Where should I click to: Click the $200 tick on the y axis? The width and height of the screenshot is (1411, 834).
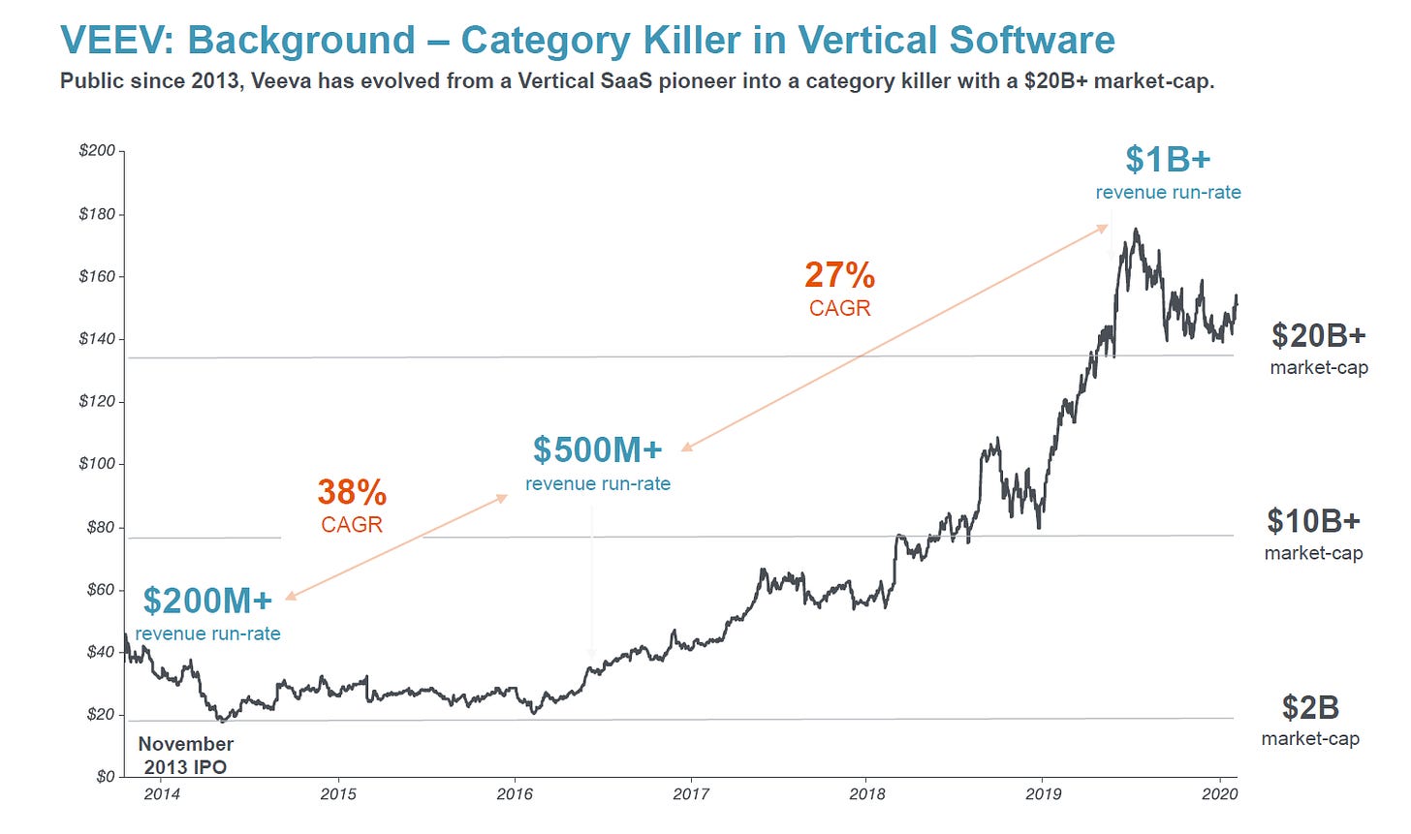tap(97, 151)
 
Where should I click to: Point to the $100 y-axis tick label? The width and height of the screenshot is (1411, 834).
tap(97, 464)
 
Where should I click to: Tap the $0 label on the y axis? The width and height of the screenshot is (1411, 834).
tap(105, 777)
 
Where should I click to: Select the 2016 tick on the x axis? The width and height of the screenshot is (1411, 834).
tap(515, 794)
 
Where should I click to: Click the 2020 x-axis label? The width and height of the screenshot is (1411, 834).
tap(1220, 794)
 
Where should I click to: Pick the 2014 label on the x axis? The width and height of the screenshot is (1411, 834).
tap(162, 794)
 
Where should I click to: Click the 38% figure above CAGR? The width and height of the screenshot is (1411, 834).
tap(352, 492)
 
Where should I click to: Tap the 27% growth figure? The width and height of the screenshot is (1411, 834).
tap(839, 275)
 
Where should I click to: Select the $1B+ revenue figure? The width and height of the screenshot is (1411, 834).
tap(1168, 159)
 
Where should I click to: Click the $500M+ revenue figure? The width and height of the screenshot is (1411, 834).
tap(597, 449)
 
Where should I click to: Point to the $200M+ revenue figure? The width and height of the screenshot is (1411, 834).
tap(207, 601)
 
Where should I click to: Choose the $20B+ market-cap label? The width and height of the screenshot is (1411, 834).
tap(1319, 335)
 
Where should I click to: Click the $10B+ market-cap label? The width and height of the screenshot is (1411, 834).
tap(1313, 521)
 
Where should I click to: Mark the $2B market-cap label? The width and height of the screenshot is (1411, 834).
tap(1310, 707)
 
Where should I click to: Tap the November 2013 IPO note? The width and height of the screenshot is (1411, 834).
tap(186, 756)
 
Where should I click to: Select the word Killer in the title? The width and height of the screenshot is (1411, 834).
tap(722, 41)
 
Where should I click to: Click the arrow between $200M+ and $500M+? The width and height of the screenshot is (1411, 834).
tap(396, 546)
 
